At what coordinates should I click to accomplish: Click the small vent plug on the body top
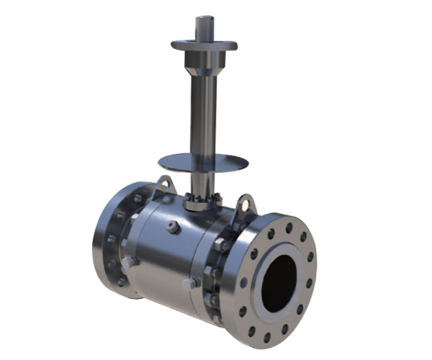174,229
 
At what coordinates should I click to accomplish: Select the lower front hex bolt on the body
192,283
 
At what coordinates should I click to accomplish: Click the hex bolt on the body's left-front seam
128,264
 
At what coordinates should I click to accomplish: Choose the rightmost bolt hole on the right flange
310,257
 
